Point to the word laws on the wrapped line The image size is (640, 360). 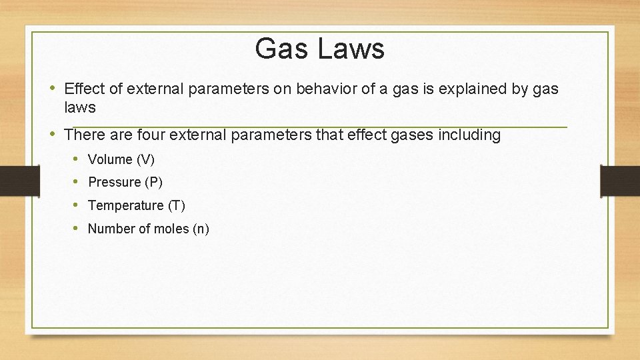pos(80,107)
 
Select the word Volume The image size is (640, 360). pos(110,159)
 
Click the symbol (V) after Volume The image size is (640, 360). pos(145,159)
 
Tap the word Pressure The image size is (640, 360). pos(114,182)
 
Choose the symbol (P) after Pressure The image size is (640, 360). pos(153,182)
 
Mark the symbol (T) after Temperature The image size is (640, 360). pos(176,205)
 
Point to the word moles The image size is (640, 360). pos(171,229)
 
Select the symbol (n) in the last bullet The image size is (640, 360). pos(201,229)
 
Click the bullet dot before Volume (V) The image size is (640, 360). pos(77,159)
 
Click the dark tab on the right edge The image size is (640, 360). pos(619,181)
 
